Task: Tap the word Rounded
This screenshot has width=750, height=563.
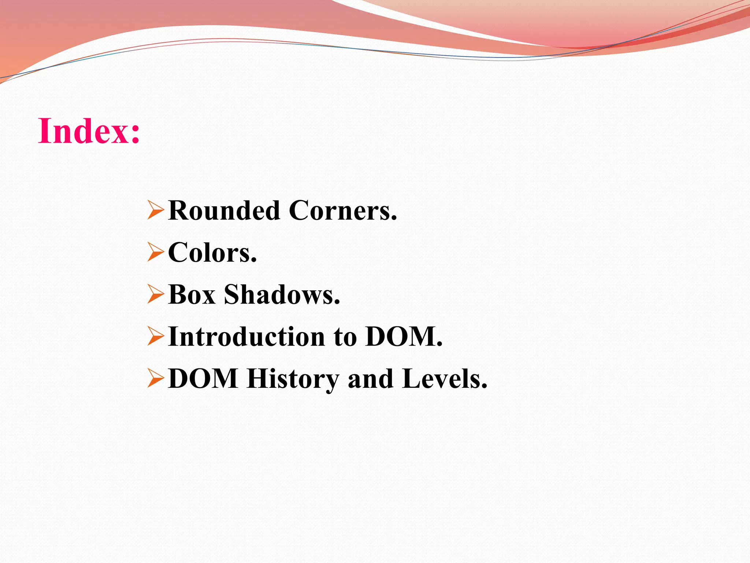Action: pyautogui.click(x=224, y=211)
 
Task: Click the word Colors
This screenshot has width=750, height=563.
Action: pyautogui.click(x=212, y=253)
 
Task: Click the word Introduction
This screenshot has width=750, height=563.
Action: pyautogui.click(x=246, y=336)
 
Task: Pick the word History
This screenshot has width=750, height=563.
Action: pyautogui.click(x=293, y=379)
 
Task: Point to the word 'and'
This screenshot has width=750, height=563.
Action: pyautogui.click(x=370, y=379)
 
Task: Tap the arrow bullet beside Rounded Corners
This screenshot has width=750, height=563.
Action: pyautogui.click(x=155, y=210)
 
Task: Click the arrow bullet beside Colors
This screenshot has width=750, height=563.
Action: pyautogui.click(x=155, y=252)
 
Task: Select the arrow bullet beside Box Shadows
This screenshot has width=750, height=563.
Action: pyautogui.click(x=155, y=294)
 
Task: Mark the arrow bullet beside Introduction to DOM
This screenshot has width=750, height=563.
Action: pyautogui.click(x=155, y=336)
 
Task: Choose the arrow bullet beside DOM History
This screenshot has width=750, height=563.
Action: pyautogui.click(x=155, y=378)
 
